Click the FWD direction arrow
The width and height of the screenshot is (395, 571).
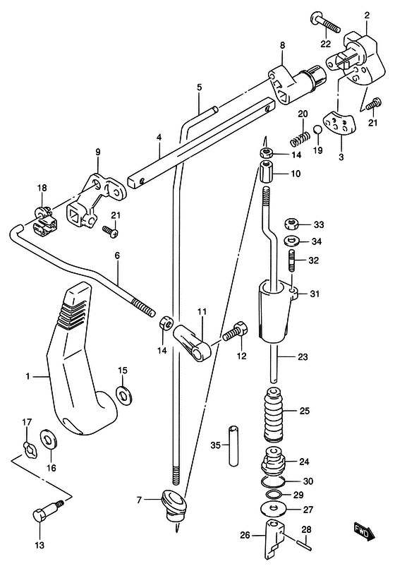point(365,531)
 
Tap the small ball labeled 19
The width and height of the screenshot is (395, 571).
point(318,130)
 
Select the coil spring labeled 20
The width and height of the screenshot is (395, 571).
point(300,138)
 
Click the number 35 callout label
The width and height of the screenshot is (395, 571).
point(216,445)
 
